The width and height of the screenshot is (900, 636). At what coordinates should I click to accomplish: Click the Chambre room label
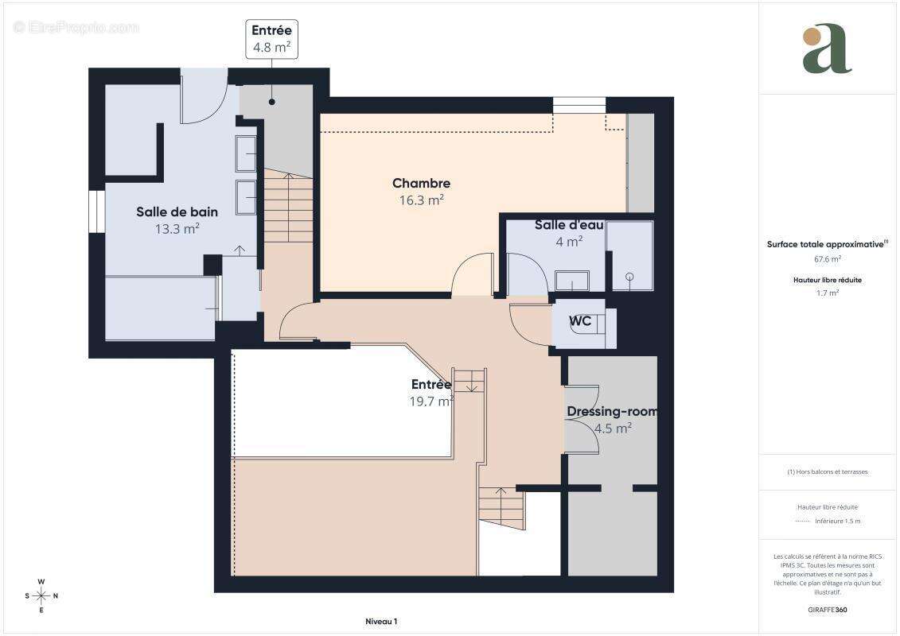[421, 184]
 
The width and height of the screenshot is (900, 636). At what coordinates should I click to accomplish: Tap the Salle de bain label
[177, 211]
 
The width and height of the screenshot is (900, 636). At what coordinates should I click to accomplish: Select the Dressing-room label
[611, 412]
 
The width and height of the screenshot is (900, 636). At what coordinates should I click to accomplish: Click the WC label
[579, 321]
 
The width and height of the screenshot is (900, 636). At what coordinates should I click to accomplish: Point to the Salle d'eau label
[568, 225]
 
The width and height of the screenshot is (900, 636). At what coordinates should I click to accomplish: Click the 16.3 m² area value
[421, 201]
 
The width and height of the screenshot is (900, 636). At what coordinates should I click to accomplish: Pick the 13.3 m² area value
[177, 229]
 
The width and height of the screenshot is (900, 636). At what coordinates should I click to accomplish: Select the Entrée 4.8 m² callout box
[271, 39]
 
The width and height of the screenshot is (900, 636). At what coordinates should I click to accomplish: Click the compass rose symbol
[41, 595]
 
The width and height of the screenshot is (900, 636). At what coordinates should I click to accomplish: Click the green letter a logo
[826, 50]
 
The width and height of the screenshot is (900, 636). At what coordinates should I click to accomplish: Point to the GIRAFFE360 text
[828, 610]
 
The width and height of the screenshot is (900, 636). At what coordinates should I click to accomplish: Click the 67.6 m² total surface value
[827, 259]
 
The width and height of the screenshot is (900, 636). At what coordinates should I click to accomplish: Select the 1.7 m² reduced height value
[827, 293]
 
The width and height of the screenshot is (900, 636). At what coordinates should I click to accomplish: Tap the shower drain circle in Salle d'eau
[629, 277]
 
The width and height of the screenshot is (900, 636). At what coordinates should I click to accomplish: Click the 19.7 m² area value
[431, 402]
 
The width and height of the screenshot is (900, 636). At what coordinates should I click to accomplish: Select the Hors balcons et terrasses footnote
[828, 471]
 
